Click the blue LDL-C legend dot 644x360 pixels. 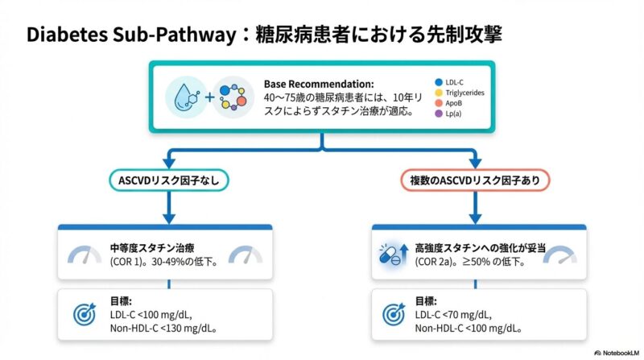[x=438, y=82]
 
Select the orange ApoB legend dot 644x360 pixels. [x=438, y=103]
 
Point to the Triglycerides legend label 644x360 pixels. [x=465, y=93]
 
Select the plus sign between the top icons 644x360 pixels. [x=209, y=98]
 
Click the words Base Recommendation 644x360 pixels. [x=319, y=84]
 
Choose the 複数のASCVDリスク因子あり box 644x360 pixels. [x=475, y=180]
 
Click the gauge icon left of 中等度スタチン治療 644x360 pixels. [x=85, y=255]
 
